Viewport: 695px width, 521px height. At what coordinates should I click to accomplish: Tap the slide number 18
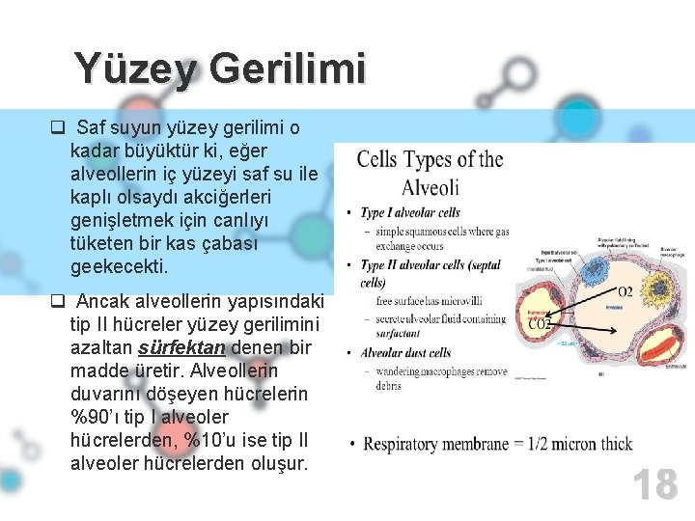[x=654, y=484]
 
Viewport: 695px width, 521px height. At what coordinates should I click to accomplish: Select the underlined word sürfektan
[x=181, y=347]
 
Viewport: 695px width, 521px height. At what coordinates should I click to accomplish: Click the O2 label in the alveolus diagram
[x=625, y=292]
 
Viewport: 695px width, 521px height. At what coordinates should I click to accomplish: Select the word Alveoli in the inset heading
[x=430, y=187]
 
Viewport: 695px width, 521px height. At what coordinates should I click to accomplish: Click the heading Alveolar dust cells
[x=405, y=353]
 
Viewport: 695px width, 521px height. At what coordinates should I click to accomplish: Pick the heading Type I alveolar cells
[x=410, y=212]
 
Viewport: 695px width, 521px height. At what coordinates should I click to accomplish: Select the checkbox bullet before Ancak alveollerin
[x=57, y=302]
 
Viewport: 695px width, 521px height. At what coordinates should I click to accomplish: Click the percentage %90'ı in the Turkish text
[x=96, y=417]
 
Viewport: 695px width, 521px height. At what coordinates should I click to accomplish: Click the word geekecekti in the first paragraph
[x=119, y=266]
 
